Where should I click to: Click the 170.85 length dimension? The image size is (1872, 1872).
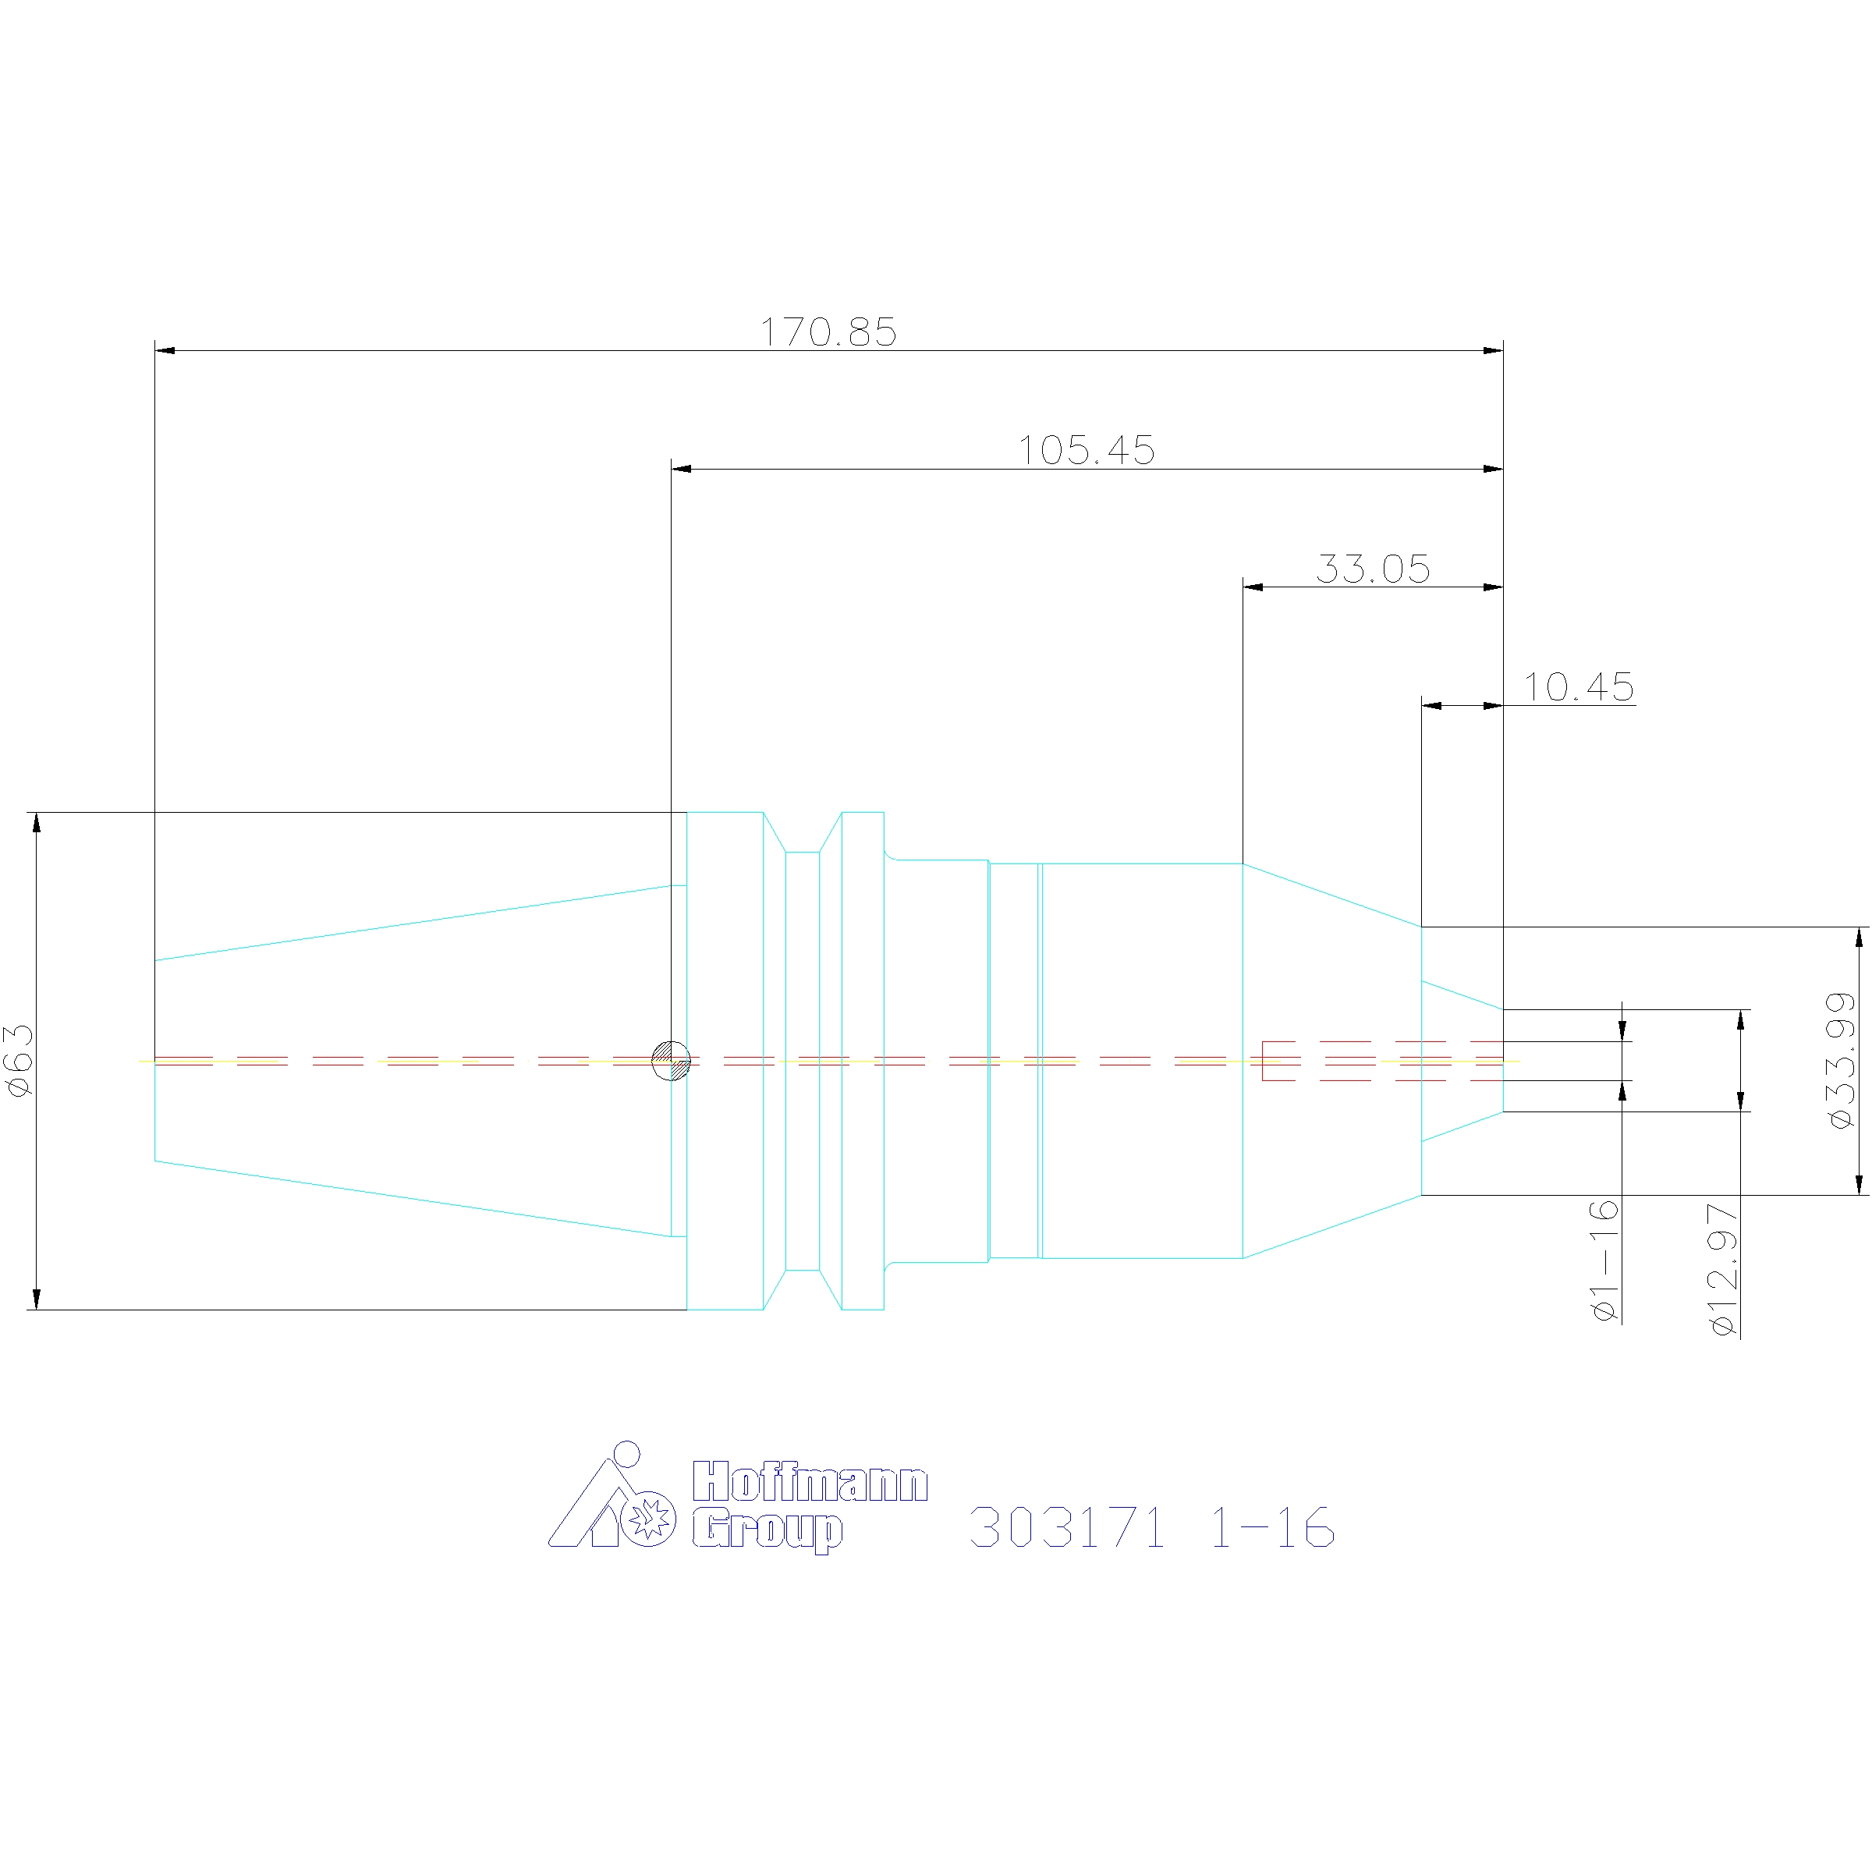[828, 331]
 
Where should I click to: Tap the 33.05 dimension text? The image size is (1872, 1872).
[1373, 569]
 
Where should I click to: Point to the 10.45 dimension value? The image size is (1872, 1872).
[1579, 687]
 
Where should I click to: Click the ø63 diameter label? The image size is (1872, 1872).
[20, 1061]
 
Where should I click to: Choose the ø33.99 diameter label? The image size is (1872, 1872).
[1840, 1061]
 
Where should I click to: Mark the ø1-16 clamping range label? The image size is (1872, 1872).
[1605, 1260]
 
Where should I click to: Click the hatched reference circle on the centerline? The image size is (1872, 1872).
[672, 1061]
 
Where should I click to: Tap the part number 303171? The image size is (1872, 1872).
[1067, 1528]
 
